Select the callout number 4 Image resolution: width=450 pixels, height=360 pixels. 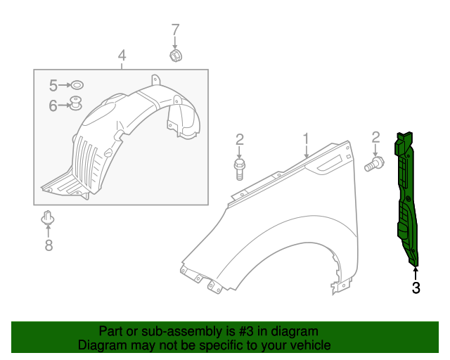[122, 55]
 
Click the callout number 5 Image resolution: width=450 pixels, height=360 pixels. [53, 85]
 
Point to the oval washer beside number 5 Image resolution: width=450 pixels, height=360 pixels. [77, 85]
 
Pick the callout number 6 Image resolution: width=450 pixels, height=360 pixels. [53, 105]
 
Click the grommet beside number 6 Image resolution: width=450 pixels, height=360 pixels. [75, 103]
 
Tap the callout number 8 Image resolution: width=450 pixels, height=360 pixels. [49, 245]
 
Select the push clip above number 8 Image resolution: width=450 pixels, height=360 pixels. [48, 218]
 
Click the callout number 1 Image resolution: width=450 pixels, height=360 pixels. [306, 137]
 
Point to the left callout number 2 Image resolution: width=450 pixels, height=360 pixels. [239, 139]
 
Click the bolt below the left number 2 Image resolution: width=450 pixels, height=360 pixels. [239, 169]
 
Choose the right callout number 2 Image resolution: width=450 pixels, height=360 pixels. [375, 137]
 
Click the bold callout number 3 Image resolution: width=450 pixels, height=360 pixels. [416, 287]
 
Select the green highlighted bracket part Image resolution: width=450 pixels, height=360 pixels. [406, 197]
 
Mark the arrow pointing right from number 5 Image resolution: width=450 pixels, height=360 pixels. [65, 85]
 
